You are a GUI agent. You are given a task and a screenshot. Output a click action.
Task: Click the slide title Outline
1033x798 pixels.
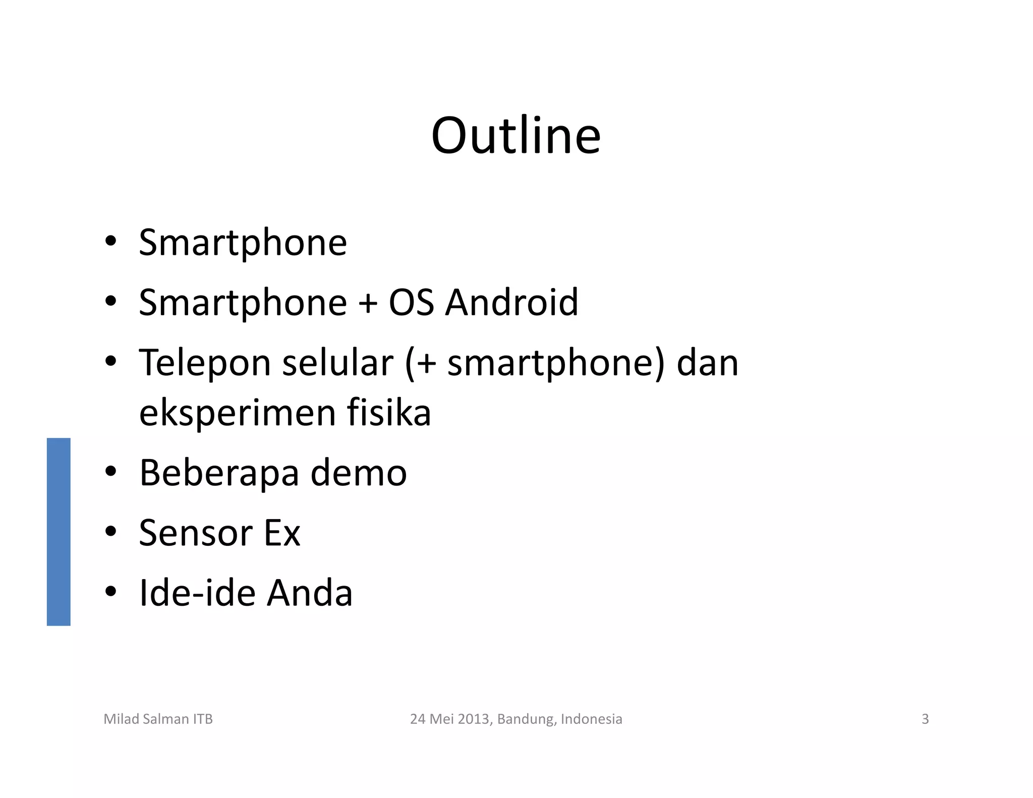pyautogui.click(x=515, y=136)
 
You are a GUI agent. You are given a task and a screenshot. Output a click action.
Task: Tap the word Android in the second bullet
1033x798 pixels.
pyautogui.click(x=511, y=303)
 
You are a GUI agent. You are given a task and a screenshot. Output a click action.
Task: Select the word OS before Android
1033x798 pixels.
pyautogui.click(x=411, y=303)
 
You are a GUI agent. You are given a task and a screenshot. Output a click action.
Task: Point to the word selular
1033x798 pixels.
pyautogui.click(x=337, y=363)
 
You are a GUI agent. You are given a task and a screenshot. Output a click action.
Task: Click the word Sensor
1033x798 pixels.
pyautogui.click(x=195, y=533)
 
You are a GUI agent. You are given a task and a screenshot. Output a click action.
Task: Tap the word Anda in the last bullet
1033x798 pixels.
pyautogui.click(x=309, y=593)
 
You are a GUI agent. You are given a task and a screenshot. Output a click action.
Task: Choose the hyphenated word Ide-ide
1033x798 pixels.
pyautogui.click(x=197, y=593)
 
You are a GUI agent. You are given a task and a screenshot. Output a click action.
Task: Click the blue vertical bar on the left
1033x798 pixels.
pyautogui.click(x=59, y=532)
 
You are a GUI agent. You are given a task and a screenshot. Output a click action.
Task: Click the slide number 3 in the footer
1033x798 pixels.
pyautogui.click(x=925, y=719)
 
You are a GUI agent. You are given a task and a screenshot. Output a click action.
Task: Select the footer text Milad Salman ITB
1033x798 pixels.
pyautogui.click(x=158, y=719)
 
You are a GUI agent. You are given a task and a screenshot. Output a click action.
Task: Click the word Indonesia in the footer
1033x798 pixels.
pyautogui.click(x=591, y=719)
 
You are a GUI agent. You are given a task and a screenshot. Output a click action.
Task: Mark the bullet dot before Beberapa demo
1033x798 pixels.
pyautogui.click(x=111, y=471)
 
